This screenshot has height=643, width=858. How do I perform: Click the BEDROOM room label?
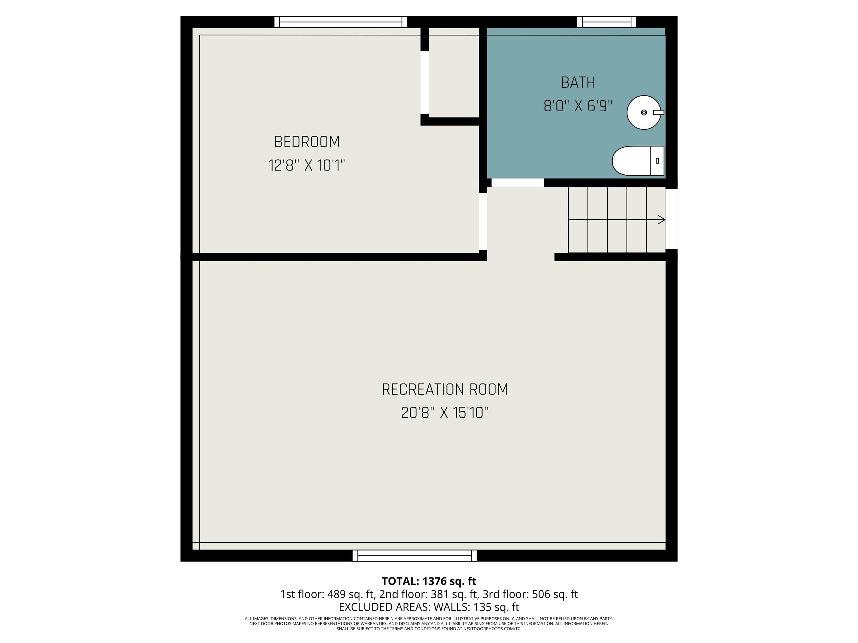point(307,142)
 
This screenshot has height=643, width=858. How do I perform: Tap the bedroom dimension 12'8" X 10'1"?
point(307,165)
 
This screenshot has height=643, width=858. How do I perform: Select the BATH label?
point(578,83)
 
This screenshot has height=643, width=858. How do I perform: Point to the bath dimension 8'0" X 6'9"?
point(578,106)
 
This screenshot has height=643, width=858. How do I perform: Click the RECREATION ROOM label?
point(445,390)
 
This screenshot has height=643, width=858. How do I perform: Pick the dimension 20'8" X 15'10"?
point(445,413)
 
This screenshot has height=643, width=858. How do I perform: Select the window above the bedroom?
point(340,22)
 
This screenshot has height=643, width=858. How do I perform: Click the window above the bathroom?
point(606,22)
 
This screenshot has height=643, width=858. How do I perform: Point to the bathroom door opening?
point(518,183)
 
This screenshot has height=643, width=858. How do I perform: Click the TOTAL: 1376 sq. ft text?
point(429,581)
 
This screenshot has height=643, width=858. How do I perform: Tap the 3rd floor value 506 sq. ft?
point(555,594)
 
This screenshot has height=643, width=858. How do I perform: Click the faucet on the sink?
point(658,112)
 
